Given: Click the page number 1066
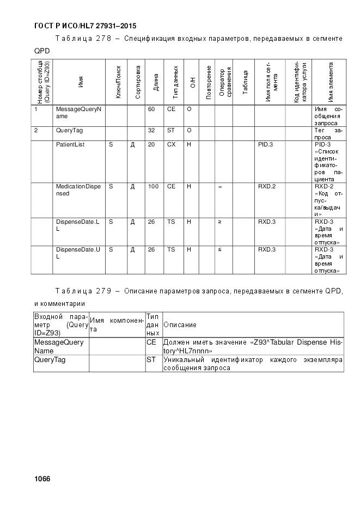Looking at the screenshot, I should click(x=42, y=479).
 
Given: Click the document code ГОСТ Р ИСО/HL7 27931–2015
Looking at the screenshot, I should click(x=85, y=26).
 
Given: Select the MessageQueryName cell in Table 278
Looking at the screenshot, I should click(x=78, y=113).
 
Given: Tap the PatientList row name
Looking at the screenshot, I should click(x=70, y=144).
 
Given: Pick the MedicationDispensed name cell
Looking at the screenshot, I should click(x=78, y=190).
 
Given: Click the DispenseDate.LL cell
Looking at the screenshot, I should click(x=77, y=225).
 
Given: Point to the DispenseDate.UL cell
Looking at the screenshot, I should click(x=77, y=253).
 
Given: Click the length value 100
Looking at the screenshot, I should click(x=153, y=187).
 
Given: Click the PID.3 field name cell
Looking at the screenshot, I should click(x=266, y=144).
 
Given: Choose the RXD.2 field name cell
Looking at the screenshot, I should click(x=267, y=187).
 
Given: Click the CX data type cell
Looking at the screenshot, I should click(x=171, y=144).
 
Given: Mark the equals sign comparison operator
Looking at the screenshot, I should click(x=220, y=187).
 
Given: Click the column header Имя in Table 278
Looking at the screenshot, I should click(x=81, y=83).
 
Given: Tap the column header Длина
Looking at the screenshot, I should click(x=156, y=83).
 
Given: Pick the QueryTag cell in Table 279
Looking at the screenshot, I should click(x=50, y=360).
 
